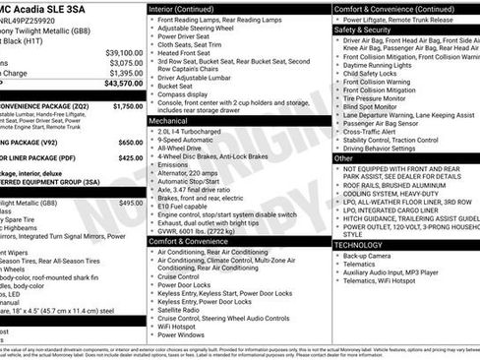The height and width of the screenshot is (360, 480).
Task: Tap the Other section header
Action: pyautogui.click(x=344, y=157)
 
